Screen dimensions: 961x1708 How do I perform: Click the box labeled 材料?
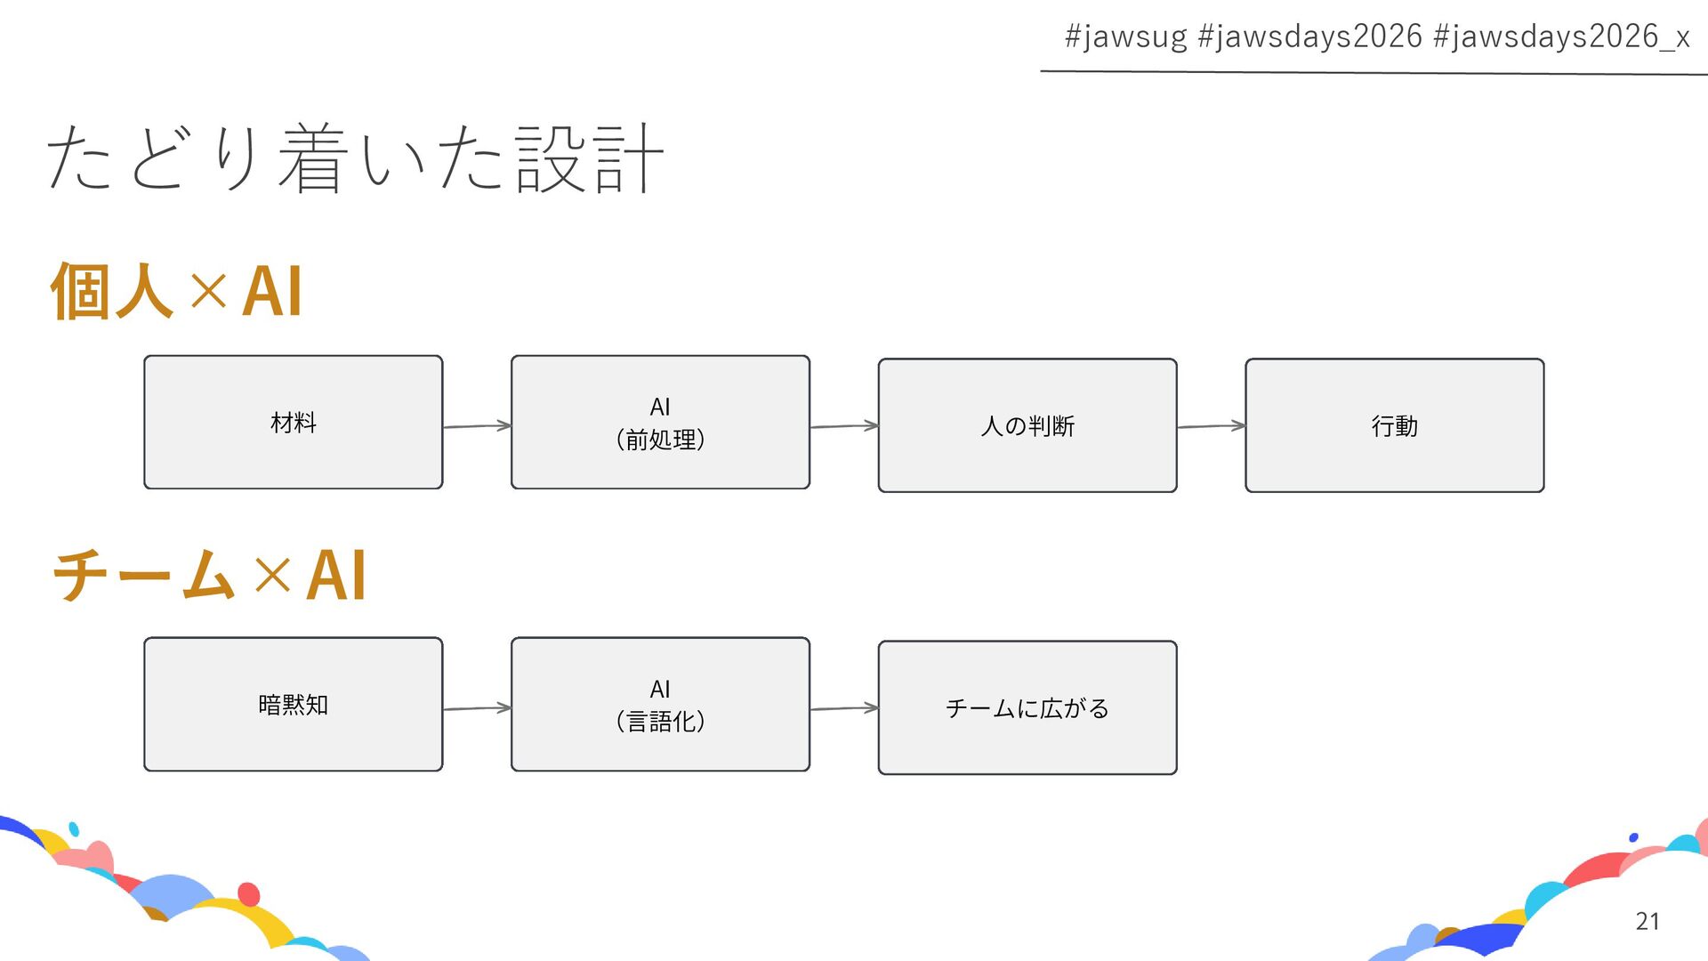(x=293, y=423)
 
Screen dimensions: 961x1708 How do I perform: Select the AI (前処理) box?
(x=660, y=423)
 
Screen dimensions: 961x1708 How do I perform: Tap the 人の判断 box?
(x=1027, y=425)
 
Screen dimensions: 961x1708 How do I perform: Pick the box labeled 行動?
(x=1394, y=425)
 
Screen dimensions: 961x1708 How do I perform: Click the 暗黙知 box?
(x=293, y=704)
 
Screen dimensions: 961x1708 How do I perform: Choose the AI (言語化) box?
(x=660, y=704)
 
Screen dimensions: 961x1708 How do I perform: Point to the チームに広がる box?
(x=1027, y=707)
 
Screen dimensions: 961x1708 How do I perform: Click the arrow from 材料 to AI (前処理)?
(x=477, y=426)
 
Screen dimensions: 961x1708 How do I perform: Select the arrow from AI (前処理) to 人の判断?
(x=843, y=426)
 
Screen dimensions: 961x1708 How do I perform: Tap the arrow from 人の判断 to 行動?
(x=1211, y=426)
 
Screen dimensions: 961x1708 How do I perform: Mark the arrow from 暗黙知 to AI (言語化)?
(x=477, y=708)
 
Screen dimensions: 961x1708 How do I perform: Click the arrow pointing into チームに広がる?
(x=843, y=708)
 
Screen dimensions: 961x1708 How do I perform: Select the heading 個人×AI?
(x=176, y=291)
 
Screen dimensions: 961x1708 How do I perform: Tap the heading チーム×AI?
(x=209, y=575)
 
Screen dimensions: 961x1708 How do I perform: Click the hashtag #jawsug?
(x=1125, y=36)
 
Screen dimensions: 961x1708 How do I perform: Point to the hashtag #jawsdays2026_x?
(x=1561, y=36)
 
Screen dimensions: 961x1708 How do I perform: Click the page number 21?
(x=1647, y=921)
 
